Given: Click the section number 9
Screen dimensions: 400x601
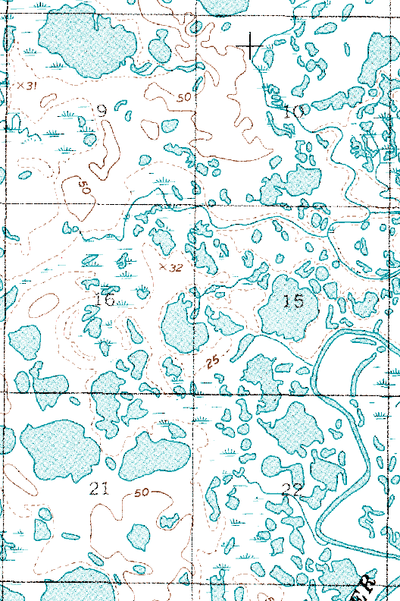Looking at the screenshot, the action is (102, 112).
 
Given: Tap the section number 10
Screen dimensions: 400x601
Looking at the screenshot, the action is (293, 112).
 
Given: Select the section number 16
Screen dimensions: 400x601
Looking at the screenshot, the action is (105, 300).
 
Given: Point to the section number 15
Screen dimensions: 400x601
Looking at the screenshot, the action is (293, 301).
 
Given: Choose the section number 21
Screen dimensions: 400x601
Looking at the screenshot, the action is (99, 488).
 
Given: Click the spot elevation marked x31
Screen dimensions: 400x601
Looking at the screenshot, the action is (27, 85).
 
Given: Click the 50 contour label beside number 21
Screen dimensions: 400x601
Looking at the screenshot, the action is (142, 493).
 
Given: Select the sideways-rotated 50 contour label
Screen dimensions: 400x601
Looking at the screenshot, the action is (81, 187).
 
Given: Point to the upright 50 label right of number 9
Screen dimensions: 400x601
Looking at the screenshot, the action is (183, 98).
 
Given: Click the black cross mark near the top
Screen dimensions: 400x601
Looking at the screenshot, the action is (251, 46).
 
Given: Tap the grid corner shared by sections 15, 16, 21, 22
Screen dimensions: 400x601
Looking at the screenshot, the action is (194, 394).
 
